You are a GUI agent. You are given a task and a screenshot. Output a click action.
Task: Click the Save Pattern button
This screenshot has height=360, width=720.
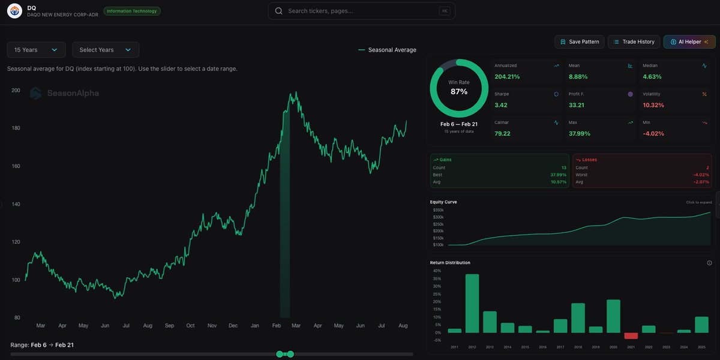point(579,41)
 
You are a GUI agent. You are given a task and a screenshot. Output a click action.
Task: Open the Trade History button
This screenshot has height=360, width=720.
point(634,41)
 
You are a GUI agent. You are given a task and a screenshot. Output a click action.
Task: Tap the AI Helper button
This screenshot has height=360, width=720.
point(689,41)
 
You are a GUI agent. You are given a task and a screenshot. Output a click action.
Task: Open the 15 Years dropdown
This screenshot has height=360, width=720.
point(36,50)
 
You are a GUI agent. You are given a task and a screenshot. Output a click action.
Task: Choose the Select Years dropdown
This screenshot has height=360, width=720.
point(106,50)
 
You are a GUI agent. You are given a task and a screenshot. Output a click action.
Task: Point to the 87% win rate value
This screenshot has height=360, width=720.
point(459,91)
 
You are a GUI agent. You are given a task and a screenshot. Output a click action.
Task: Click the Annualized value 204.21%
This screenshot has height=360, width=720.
point(507,77)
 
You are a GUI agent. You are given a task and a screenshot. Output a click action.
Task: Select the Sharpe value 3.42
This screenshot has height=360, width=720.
point(502,105)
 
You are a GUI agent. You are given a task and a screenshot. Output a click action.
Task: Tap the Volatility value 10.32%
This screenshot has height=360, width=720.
point(653,105)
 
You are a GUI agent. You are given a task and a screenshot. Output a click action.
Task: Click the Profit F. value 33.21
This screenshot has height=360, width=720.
point(577,105)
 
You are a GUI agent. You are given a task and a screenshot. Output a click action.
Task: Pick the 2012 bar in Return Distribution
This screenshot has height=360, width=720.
point(472,304)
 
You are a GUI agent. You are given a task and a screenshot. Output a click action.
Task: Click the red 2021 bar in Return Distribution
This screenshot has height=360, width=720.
point(631,336)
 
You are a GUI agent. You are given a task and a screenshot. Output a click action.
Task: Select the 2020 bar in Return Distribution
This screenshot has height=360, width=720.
point(613,316)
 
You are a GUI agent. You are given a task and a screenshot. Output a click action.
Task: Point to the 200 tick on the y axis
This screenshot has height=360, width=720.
point(16,91)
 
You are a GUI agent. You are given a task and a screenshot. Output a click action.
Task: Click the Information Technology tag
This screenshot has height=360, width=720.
point(132,11)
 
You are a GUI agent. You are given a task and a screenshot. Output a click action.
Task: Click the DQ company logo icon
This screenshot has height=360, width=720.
point(14,11)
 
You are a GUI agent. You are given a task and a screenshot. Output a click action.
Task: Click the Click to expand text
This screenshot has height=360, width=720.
point(698,202)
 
